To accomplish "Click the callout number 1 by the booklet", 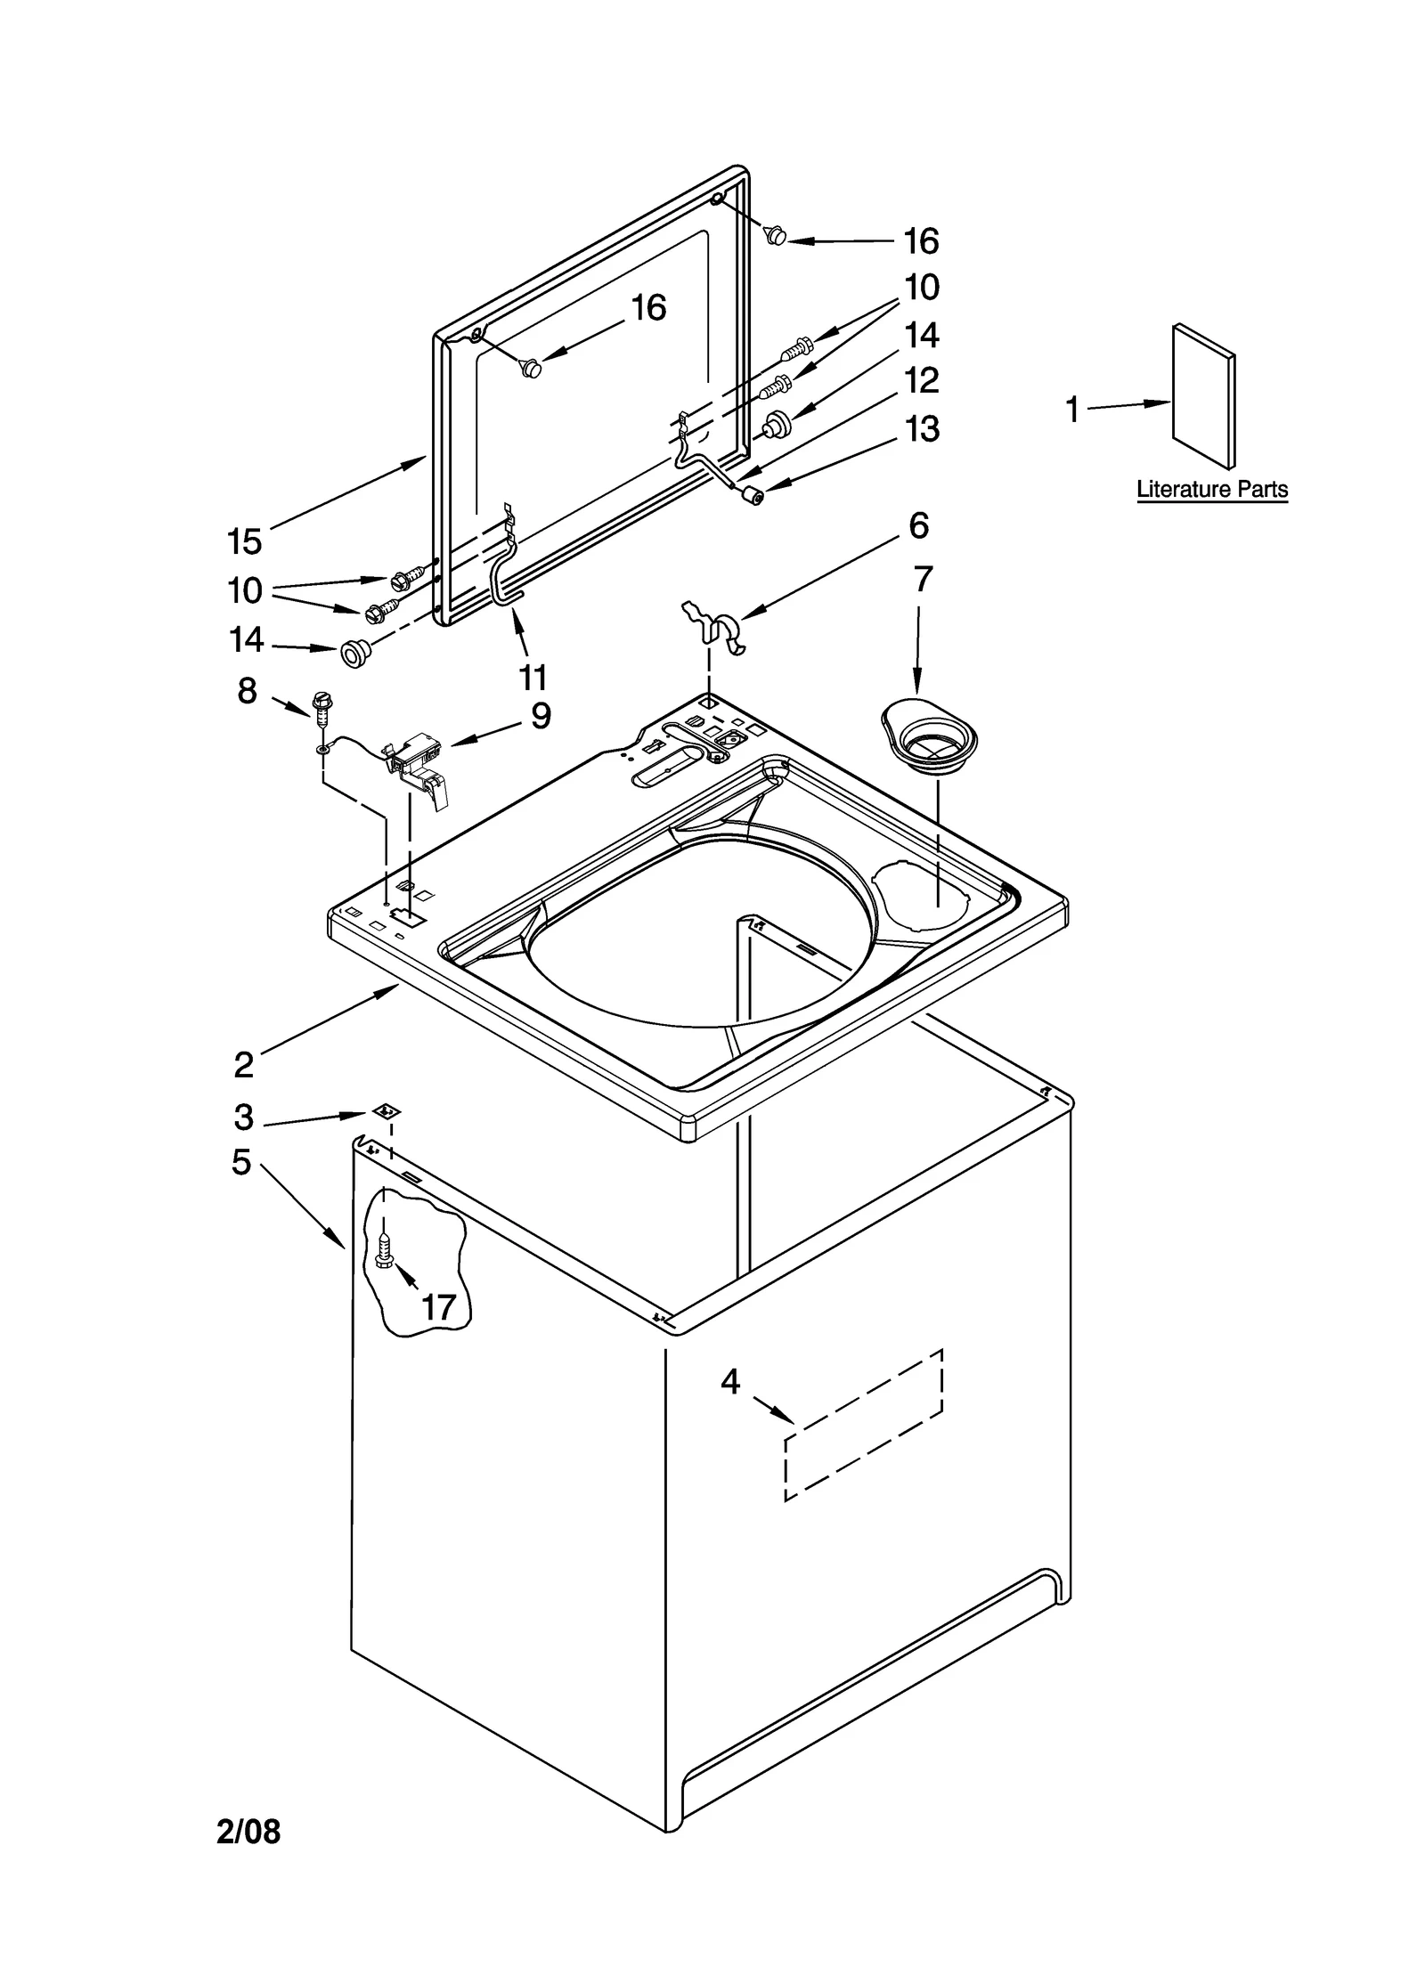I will pos(1072,410).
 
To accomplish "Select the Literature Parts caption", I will pos(1211,489).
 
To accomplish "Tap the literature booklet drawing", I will pos(1203,396).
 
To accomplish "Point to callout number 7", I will pos(923,580).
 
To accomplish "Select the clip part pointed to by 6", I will pos(714,625).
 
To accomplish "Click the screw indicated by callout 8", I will pos(321,706).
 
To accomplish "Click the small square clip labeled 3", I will pos(386,1110).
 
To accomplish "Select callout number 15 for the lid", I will pos(244,541).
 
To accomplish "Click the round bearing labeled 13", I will pos(755,496).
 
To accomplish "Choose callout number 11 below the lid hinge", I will pos(533,678).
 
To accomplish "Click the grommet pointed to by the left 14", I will pos(354,654).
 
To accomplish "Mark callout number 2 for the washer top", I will pos(243,1063).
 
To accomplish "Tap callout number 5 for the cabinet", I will pos(241,1162).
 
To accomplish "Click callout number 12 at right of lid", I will pos(922,381).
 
